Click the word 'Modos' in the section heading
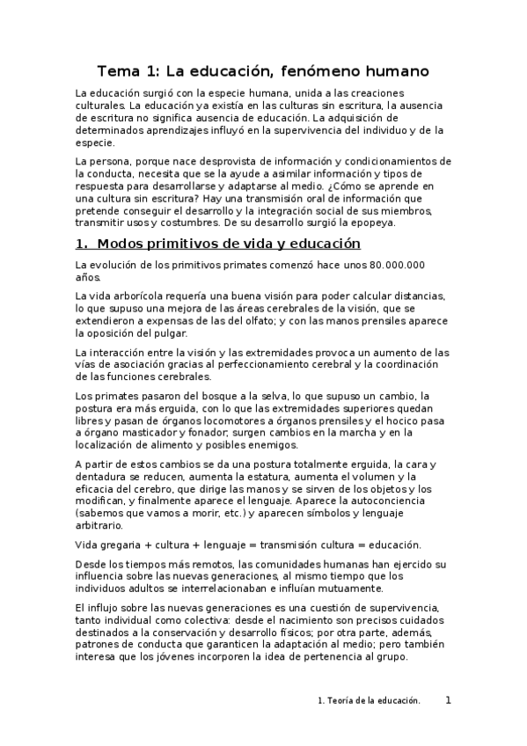click(124, 244)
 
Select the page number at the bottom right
click(448, 700)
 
